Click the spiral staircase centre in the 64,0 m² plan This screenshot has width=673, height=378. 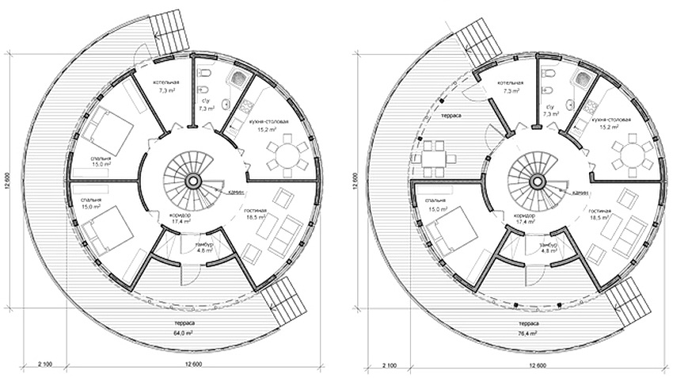click(192, 181)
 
